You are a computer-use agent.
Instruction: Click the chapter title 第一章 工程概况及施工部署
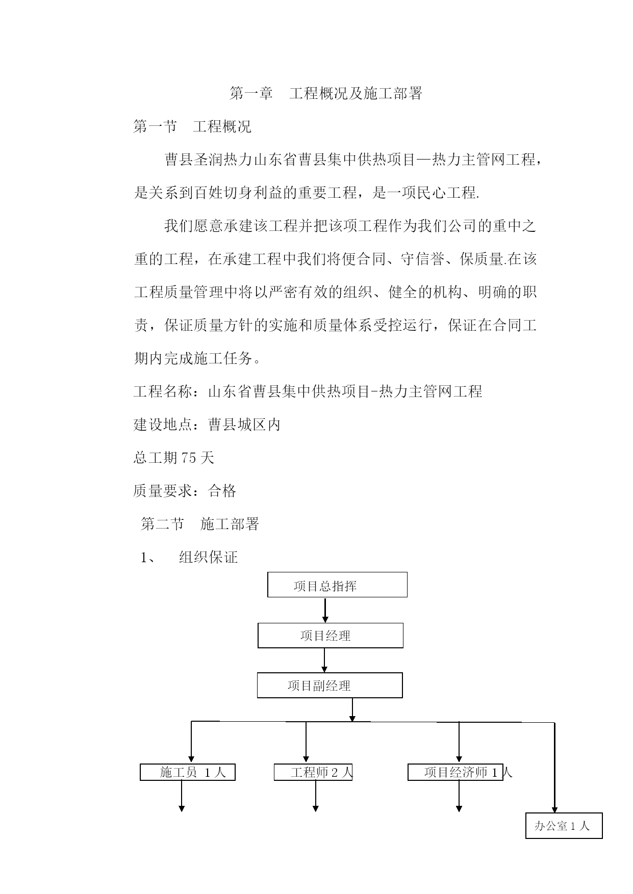click(326, 94)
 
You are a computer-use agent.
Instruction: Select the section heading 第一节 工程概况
click(192, 126)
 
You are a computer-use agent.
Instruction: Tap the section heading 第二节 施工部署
click(200, 524)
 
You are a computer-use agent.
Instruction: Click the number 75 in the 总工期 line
click(188, 458)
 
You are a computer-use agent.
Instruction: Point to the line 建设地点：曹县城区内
click(207, 425)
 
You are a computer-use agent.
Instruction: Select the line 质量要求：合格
click(185, 491)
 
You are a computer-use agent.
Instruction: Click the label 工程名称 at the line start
click(163, 391)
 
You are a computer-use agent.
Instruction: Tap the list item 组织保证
click(208, 557)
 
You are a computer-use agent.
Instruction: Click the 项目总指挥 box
click(337, 585)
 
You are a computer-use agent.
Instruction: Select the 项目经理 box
click(331, 636)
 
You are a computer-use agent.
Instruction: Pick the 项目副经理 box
click(330, 686)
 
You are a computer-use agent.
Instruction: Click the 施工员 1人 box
click(188, 772)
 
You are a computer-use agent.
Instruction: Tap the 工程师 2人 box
click(313, 772)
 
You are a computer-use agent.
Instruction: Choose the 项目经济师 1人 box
click(455, 772)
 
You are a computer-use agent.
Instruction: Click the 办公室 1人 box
click(564, 826)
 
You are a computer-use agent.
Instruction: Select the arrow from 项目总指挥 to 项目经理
click(325, 610)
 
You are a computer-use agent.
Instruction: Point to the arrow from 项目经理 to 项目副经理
click(324, 661)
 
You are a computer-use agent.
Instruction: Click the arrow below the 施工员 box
click(182, 796)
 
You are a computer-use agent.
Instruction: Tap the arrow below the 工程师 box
click(316, 796)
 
